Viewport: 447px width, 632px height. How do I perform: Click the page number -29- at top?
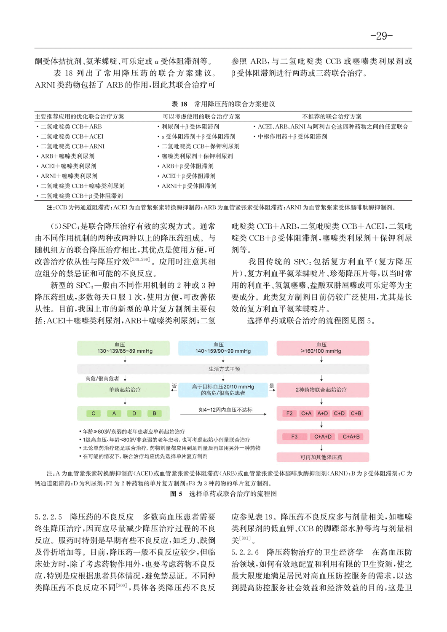tap(381, 36)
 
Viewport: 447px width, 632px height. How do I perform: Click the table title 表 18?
tap(179, 104)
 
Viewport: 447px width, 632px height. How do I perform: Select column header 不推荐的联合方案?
tap(332, 117)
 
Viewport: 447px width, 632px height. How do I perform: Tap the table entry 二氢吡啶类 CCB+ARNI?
tap(72, 146)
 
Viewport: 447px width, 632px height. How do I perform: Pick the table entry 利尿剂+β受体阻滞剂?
tap(190, 126)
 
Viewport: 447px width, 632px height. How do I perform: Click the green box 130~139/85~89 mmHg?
tap(123, 348)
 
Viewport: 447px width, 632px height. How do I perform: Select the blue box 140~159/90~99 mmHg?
tap(223, 348)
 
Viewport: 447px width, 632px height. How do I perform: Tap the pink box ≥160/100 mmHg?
tap(322, 348)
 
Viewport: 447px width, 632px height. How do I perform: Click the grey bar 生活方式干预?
tap(224, 369)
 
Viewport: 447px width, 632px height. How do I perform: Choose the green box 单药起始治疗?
tap(123, 390)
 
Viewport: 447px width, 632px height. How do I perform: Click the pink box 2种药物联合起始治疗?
tap(322, 390)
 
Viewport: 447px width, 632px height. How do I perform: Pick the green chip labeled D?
tap(134, 413)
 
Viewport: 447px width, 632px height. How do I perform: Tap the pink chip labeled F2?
tap(289, 413)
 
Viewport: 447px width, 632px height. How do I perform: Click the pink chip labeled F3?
tap(294, 437)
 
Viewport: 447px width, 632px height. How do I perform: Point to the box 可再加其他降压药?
tap(322, 457)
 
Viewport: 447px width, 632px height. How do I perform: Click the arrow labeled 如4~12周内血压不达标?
tap(223, 414)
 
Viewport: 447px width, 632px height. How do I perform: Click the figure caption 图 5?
tap(176, 494)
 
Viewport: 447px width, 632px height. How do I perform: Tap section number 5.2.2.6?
tap(245, 552)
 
